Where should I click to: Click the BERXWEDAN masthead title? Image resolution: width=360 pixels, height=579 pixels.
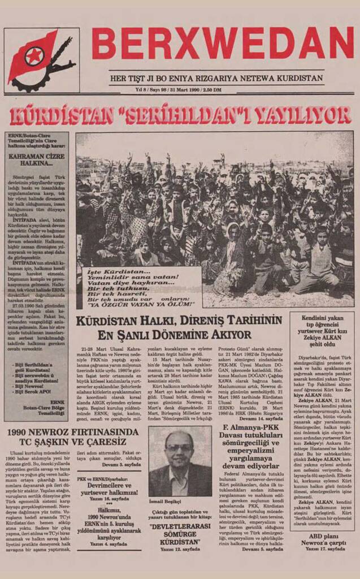point(222,44)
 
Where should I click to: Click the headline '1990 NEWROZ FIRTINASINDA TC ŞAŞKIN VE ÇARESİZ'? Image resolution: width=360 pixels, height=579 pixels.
point(72,437)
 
